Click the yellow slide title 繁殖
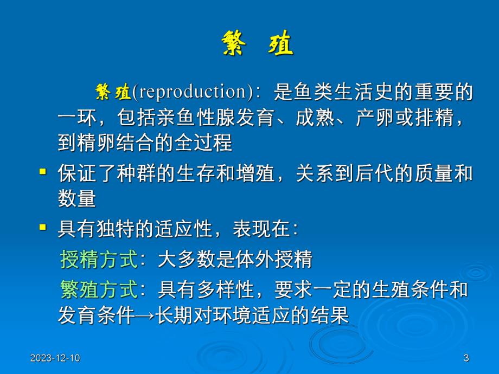point(257,43)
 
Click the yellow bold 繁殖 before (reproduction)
point(113,92)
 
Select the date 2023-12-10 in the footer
point(55,358)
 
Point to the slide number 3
point(466,358)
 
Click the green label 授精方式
point(99,260)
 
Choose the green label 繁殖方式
point(99,290)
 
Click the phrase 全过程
point(203,143)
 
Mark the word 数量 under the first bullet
point(77,199)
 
